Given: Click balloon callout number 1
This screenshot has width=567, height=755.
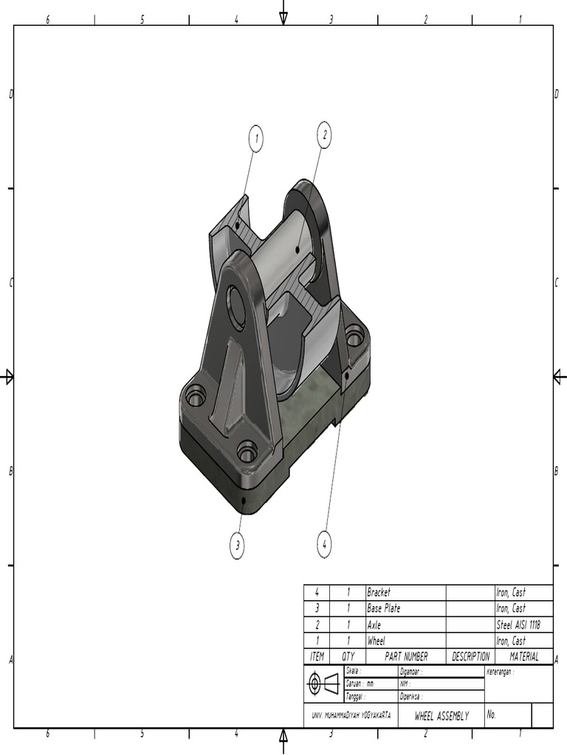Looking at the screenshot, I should point(255,139).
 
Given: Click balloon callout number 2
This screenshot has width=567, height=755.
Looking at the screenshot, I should point(323,134).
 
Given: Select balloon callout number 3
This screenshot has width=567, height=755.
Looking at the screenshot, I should point(237,546).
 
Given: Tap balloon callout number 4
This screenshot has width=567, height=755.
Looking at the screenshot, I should point(323,545).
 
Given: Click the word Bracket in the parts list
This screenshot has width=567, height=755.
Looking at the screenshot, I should point(379,592).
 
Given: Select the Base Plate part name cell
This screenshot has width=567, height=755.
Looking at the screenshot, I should point(384,608).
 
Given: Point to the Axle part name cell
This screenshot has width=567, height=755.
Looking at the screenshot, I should point(374,624).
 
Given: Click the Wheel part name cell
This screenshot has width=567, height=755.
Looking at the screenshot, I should point(377,641).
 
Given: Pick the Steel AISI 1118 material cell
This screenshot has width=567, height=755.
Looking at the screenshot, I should point(518,624).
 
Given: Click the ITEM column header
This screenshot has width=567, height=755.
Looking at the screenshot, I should point(317,656).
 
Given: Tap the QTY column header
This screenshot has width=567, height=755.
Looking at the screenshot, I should point(348,656).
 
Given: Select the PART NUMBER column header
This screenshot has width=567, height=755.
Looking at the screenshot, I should point(406,656).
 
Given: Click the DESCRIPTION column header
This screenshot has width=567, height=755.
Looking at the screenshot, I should point(470,656).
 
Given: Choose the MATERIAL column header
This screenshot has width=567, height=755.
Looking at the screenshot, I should point(523,656).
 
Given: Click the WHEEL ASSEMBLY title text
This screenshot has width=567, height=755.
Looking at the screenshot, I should point(441,716).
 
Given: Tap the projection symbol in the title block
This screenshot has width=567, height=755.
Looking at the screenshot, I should point(323,683).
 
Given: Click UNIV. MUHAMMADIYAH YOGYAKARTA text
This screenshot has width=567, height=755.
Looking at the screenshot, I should point(351,716).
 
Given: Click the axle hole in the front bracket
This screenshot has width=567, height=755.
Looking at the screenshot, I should point(236,307).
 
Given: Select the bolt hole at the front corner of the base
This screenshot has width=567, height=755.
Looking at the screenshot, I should point(247,450).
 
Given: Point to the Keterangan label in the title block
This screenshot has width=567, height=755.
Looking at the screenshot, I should point(500,672).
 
